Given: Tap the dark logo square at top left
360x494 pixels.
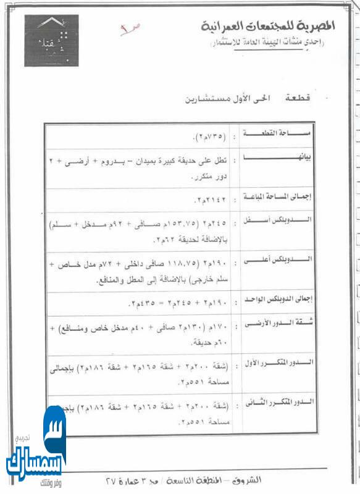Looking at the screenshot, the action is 51,41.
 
